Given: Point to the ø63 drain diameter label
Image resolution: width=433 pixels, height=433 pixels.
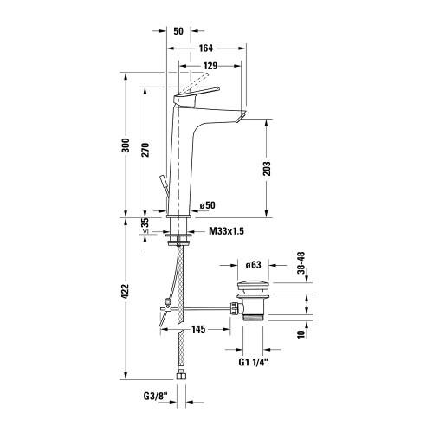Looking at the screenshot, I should [254, 266].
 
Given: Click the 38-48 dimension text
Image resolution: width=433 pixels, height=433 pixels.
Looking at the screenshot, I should [301, 263].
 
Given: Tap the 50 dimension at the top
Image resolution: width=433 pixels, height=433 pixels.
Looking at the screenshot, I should [179, 30].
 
